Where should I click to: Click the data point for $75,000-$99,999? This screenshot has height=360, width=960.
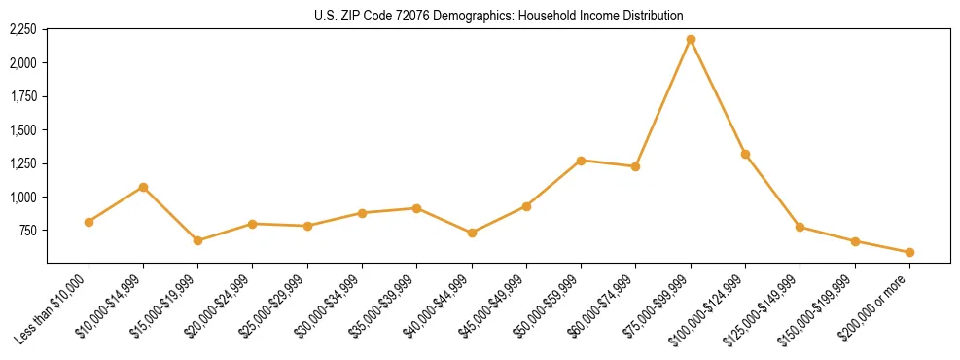coord(691,39)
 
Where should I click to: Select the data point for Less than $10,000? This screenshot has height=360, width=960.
coord(89,222)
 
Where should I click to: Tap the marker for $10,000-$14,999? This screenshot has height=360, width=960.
coord(143,187)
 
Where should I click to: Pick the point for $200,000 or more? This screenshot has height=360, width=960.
coord(909,252)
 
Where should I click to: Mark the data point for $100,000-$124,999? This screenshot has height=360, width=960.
coord(745,154)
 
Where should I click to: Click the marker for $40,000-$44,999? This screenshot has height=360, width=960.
coord(472,233)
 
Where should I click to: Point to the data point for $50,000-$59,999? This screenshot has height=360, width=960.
coord(581,161)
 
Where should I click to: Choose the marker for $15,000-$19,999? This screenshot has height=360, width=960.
coord(197,240)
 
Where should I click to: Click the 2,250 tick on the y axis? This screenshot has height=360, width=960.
coord(22,30)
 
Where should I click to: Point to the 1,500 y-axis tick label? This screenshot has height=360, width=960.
coord(22,130)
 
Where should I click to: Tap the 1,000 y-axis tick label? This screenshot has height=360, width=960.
coord(22,198)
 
